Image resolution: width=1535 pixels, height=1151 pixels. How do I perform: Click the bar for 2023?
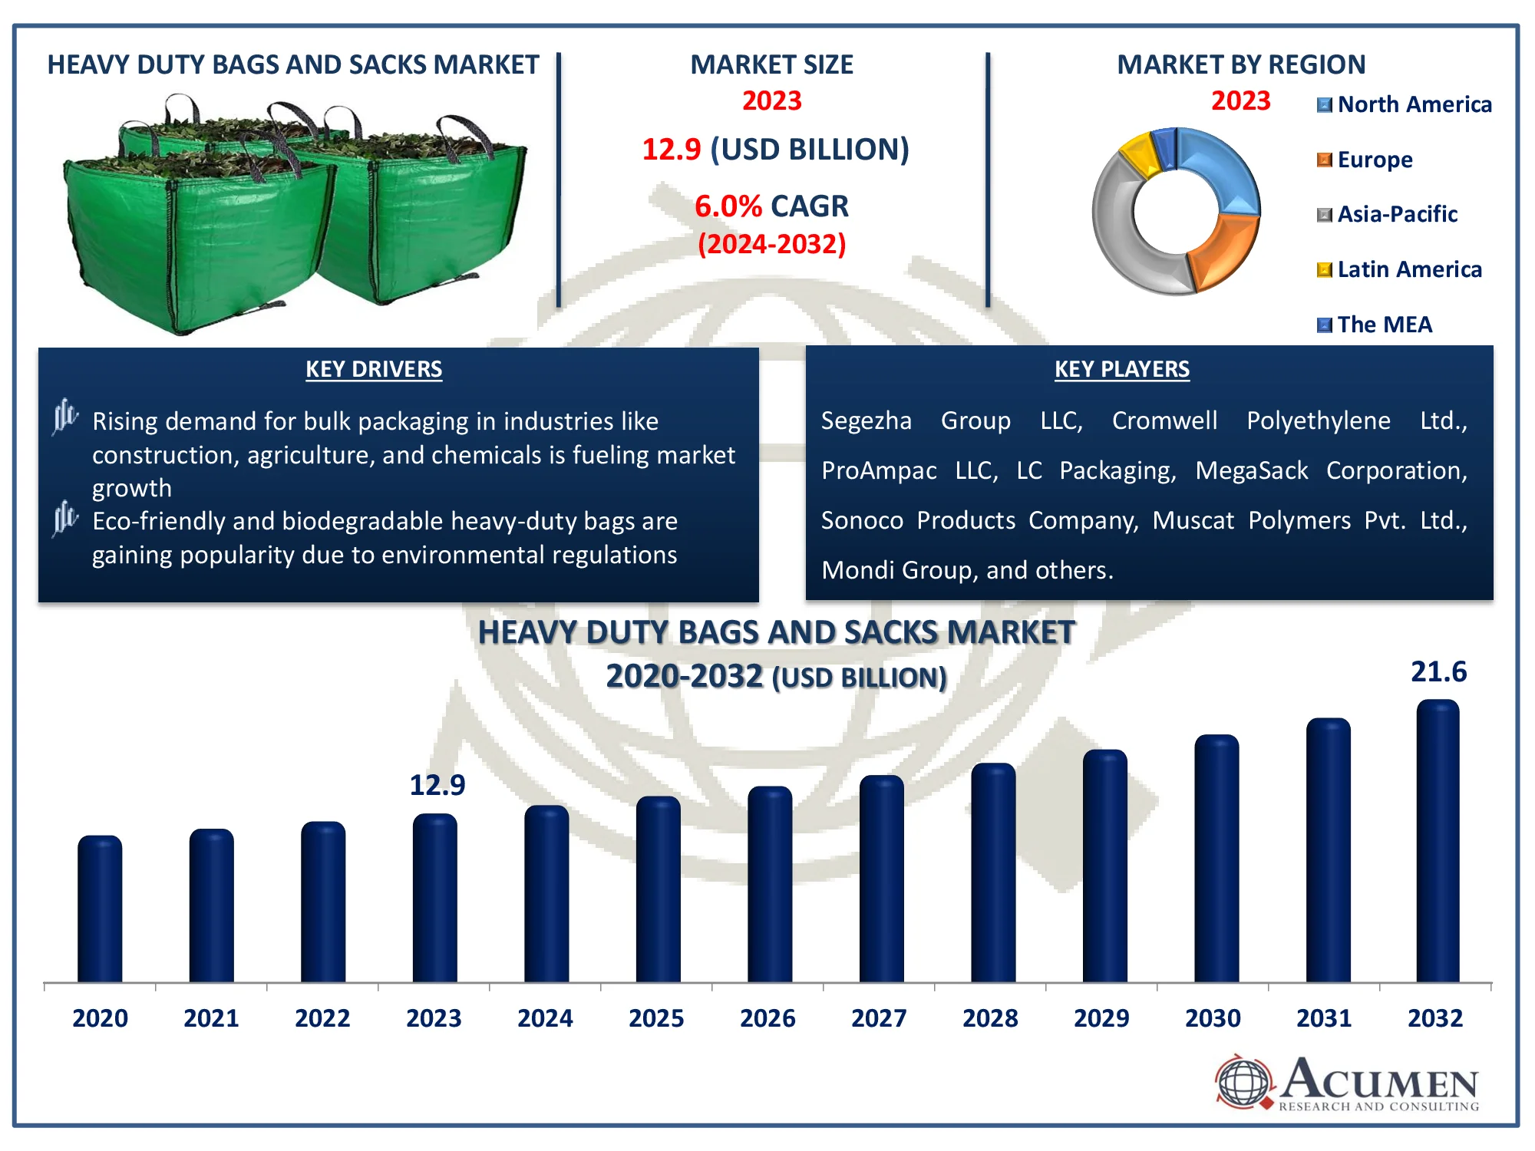pyautogui.click(x=434, y=898)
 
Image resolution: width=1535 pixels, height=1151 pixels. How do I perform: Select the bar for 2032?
pyautogui.click(x=1438, y=841)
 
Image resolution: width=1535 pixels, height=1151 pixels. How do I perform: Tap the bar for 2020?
pyautogui.click(x=100, y=909)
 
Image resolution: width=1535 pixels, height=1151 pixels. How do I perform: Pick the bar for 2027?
pyautogui.click(x=881, y=879)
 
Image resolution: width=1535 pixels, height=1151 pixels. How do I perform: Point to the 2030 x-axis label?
pyautogui.click(x=1213, y=1018)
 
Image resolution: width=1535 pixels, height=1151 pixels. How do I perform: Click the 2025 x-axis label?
pyautogui.click(x=656, y=1018)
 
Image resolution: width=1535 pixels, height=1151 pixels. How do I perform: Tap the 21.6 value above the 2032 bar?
pyautogui.click(x=1438, y=671)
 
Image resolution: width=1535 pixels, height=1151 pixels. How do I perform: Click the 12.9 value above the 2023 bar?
pyautogui.click(x=437, y=785)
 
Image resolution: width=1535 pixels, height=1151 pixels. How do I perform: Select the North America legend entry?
pyautogui.click(x=1405, y=104)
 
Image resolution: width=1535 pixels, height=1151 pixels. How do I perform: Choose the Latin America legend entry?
pyautogui.click(x=1399, y=269)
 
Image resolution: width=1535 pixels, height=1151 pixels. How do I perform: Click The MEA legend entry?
pyautogui.click(x=1375, y=325)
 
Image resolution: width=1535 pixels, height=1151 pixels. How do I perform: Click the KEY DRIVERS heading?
pyautogui.click(x=374, y=369)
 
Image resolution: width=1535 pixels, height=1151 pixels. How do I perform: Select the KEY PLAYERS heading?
pyautogui.click(x=1122, y=369)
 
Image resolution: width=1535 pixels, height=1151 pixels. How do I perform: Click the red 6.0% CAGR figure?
pyautogui.click(x=728, y=206)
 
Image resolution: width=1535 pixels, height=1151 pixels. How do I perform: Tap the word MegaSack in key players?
pyautogui.click(x=1252, y=470)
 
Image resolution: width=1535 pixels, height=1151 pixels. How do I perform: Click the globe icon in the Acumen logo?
pyautogui.click(x=1244, y=1082)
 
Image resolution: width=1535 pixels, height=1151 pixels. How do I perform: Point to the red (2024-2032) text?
pyautogui.click(x=772, y=244)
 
